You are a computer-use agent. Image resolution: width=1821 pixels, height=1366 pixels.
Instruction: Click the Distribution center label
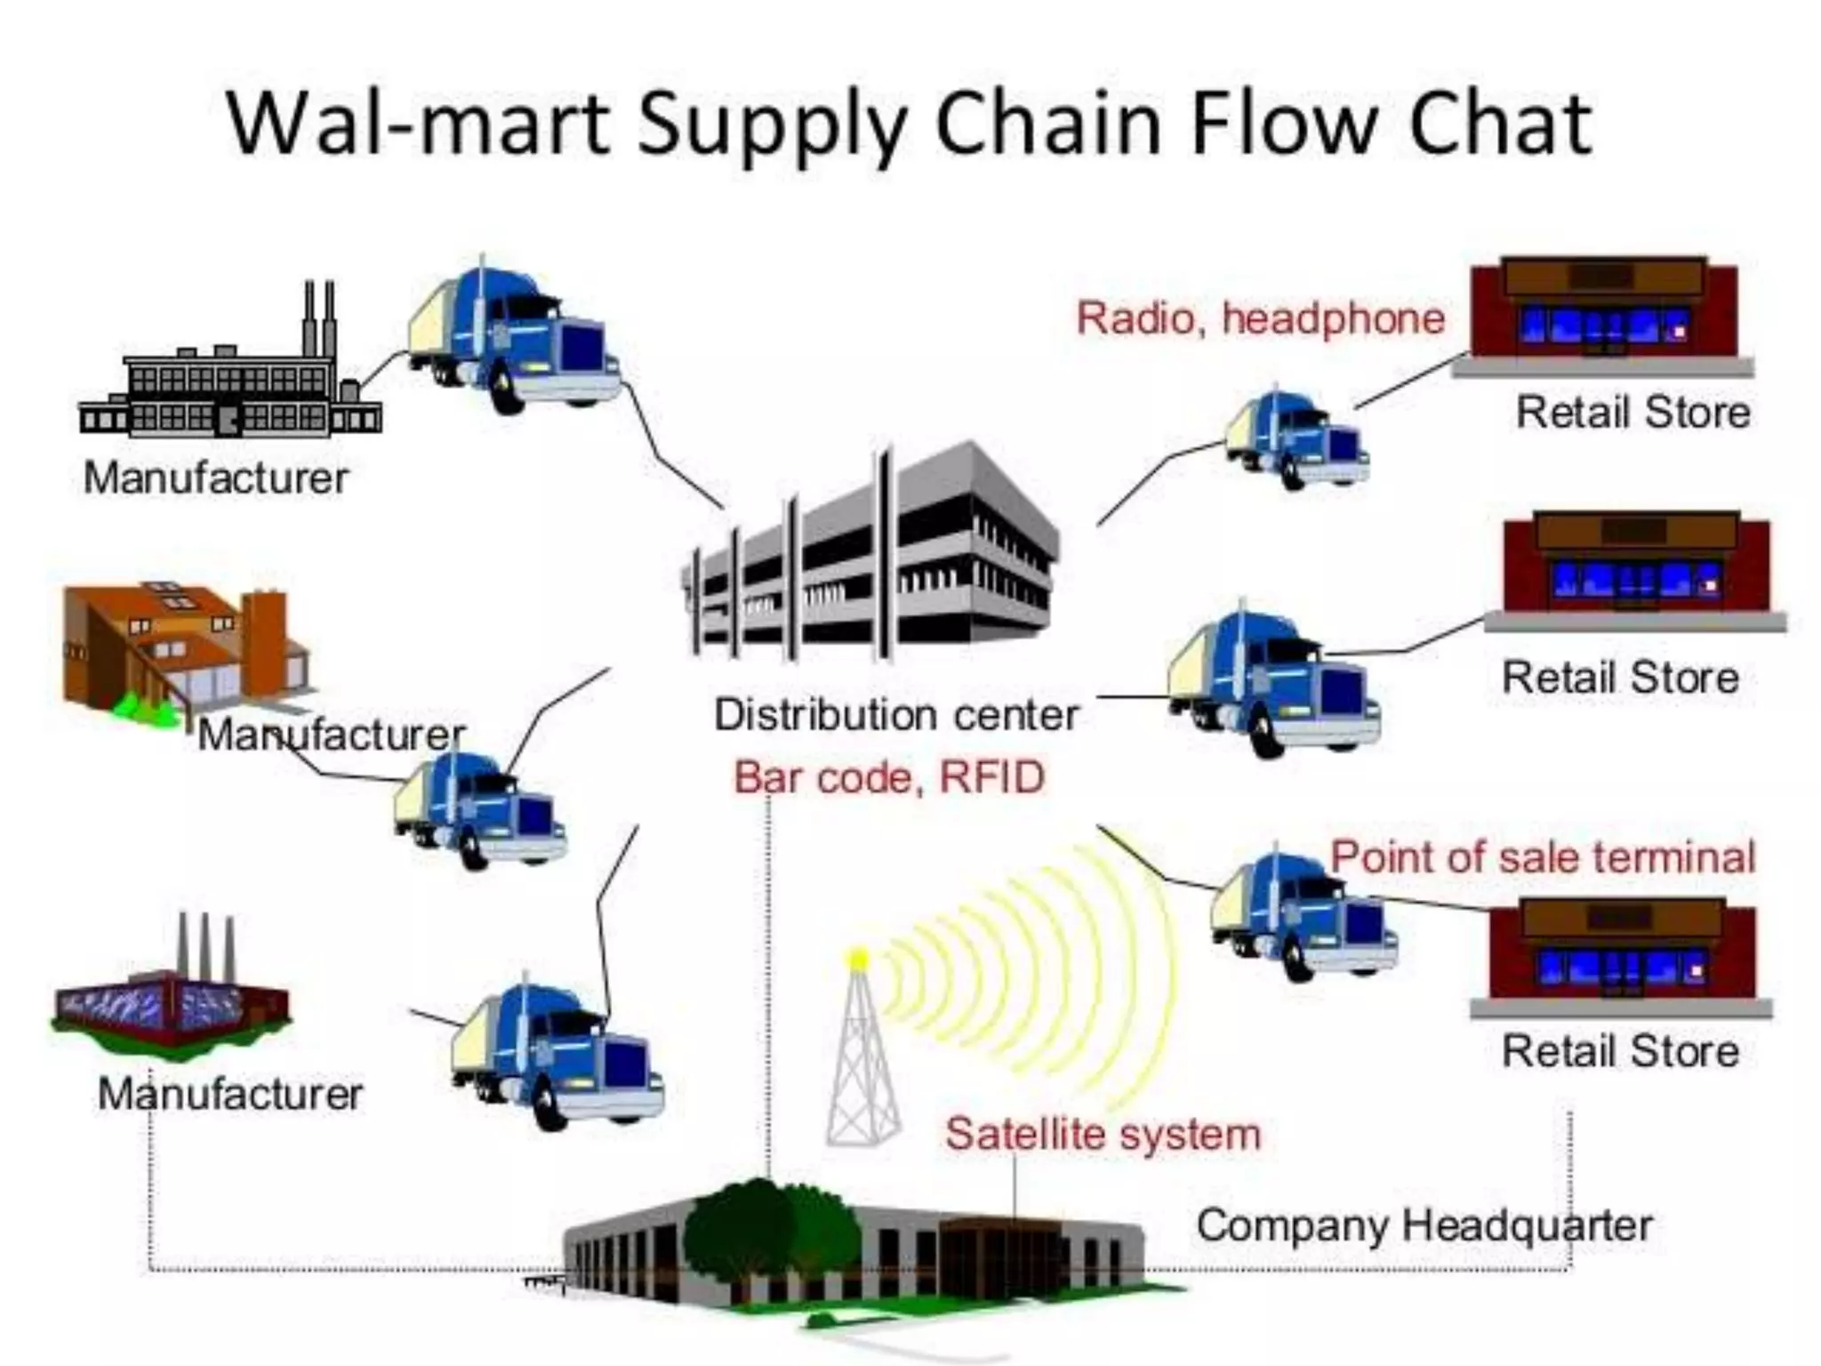(896, 715)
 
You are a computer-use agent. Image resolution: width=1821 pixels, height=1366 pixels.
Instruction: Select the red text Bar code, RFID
(889, 778)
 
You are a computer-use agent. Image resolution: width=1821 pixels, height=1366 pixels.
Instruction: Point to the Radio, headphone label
(1261, 318)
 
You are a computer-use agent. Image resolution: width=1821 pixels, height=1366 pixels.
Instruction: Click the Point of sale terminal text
(1543, 858)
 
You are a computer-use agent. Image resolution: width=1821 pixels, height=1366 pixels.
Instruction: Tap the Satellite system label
(1103, 1135)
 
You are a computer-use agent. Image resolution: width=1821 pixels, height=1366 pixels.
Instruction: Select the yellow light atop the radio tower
(858, 959)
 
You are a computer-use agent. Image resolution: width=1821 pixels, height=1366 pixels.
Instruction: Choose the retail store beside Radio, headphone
(1605, 311)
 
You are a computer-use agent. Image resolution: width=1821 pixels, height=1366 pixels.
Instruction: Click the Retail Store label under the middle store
(1620, 678)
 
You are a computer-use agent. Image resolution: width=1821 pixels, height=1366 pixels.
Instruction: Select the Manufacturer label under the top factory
(216, 478)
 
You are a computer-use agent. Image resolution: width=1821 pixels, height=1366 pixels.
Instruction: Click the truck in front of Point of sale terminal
(1303, 916)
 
